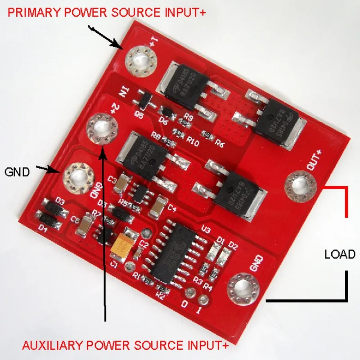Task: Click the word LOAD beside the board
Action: pyautogui.click(x=340, y=254)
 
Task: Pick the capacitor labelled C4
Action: pyautogui.click(x=158, y=206)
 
